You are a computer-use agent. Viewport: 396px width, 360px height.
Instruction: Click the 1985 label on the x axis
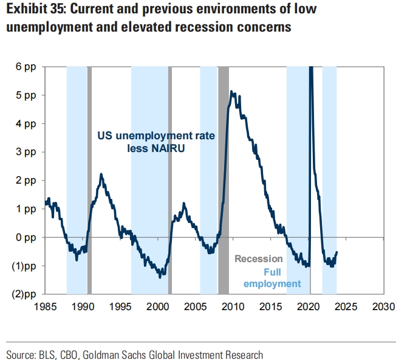46,306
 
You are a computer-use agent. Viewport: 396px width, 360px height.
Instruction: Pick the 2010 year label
234,306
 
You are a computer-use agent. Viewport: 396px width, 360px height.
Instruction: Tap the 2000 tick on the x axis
159,306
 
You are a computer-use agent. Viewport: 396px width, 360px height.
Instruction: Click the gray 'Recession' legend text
258,259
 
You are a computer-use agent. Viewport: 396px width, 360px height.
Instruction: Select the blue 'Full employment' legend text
273,277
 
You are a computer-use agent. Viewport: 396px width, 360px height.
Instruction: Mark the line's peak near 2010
231,92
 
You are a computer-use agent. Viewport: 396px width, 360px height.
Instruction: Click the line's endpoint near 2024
337,252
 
